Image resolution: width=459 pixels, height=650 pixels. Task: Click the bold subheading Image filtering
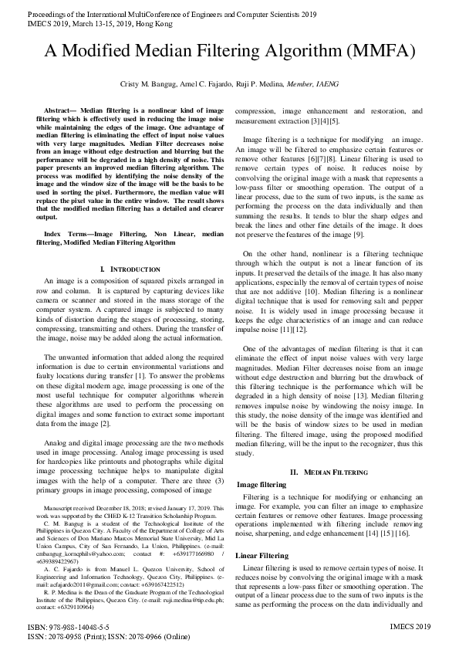point(262,484)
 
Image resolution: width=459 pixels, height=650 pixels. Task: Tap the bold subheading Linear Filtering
point(262,555)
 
